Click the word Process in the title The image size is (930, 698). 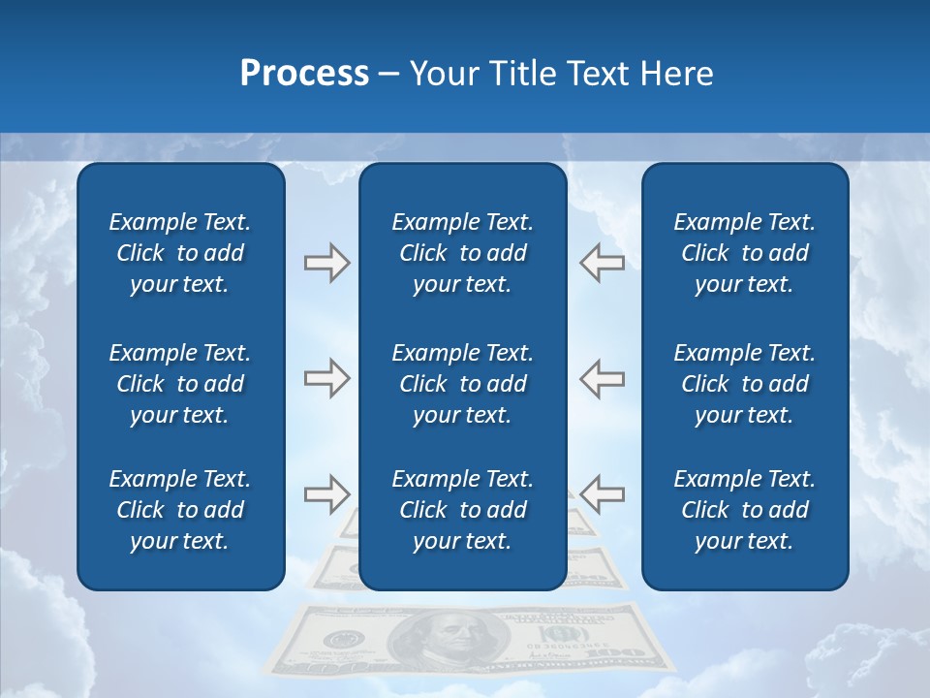click(304, 74)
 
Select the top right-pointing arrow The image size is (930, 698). click(326, 262)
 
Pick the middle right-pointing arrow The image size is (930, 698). click(326, 378)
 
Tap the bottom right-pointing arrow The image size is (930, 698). click(326, 494)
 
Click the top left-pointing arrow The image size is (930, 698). click(602, 262)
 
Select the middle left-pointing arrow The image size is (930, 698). click(602, 378)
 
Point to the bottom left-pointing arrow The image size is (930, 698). click(602, 494)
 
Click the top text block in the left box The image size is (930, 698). click(180, 253)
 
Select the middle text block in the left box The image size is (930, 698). click(180, 384)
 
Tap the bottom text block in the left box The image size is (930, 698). click(180, 510)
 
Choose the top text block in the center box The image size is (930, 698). click(463, 253)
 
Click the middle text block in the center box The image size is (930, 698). click(463, 384)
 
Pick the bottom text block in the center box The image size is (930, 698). click(463, 510)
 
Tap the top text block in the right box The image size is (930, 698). click(745, 253)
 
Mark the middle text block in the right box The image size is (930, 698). click(745, 384)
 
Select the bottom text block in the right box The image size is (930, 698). click(745, 510)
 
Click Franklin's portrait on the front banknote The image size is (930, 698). click(448, 641)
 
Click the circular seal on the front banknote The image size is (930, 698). click(340, 640)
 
